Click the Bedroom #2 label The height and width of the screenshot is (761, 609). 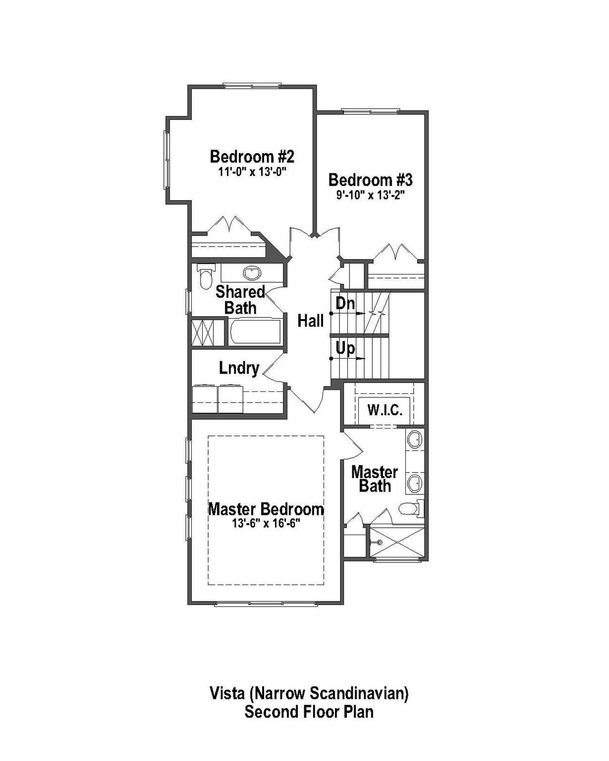[252, 157]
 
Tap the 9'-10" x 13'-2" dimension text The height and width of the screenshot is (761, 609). [371, 195]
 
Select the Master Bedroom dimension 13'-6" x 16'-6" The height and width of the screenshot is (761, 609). [266, 524]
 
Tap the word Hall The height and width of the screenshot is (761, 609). [310, 321]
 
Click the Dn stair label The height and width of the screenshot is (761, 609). [345, 303]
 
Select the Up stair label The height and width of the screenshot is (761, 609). [345, 348]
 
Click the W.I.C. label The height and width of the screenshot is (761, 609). [385, 410]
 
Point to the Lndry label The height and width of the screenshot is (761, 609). [239, 368]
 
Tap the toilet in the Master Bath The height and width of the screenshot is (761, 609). [409, 508]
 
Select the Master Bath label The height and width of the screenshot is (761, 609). [375, 479]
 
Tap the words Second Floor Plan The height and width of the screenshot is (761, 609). [309, 712]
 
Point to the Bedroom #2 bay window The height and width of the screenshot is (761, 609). [167, 159]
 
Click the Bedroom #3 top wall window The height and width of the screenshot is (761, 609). [370, 111]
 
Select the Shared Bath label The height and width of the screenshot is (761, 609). [240, 300]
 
